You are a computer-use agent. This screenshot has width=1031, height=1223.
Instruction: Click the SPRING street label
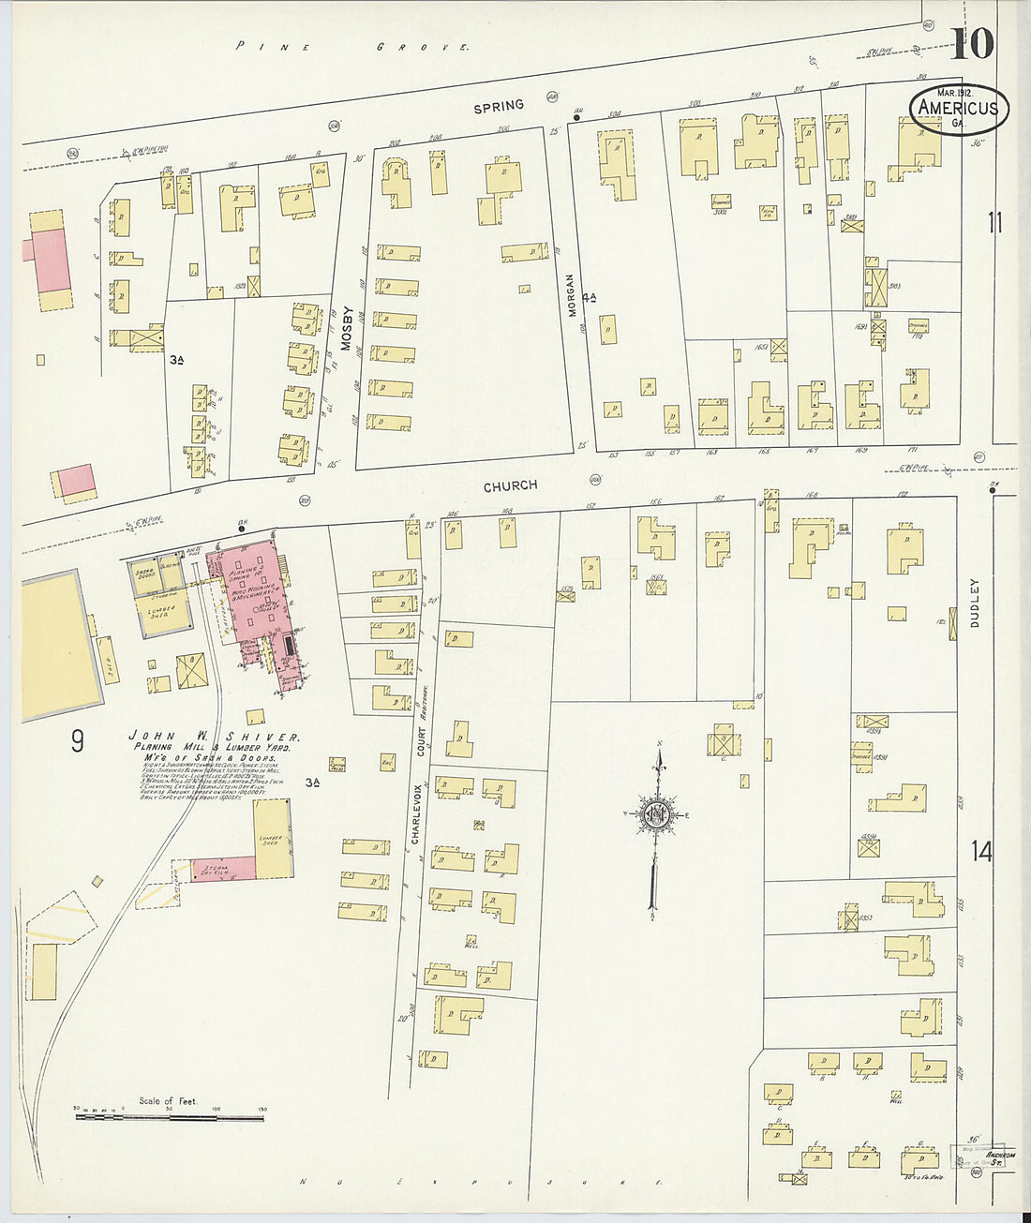[x=499, y=107]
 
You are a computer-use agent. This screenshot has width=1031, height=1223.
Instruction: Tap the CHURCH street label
[x=511, y=485]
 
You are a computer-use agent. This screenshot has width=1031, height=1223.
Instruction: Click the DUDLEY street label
[x=975, y=602]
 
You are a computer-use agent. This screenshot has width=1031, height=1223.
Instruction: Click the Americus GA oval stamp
[x=959, y=109]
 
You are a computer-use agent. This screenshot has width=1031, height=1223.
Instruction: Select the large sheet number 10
[x=974, y=42]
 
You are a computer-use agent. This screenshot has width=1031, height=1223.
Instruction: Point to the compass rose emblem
[x=654, y=814]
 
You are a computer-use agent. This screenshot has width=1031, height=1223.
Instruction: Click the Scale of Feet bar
[x=169, y=1113]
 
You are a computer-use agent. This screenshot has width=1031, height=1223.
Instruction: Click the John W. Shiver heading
[x=215, y=738]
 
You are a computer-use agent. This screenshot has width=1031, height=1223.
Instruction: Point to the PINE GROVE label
[x=352, y=46]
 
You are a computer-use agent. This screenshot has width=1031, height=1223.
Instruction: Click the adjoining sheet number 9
[x=77, y=741]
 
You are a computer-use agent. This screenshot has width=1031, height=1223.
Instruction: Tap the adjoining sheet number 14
[x=981, y=852]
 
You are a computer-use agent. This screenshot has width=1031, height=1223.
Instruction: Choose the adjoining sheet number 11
[x=994, y=223]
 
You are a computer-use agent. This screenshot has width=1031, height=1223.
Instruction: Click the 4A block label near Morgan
[x=590, y=298]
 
